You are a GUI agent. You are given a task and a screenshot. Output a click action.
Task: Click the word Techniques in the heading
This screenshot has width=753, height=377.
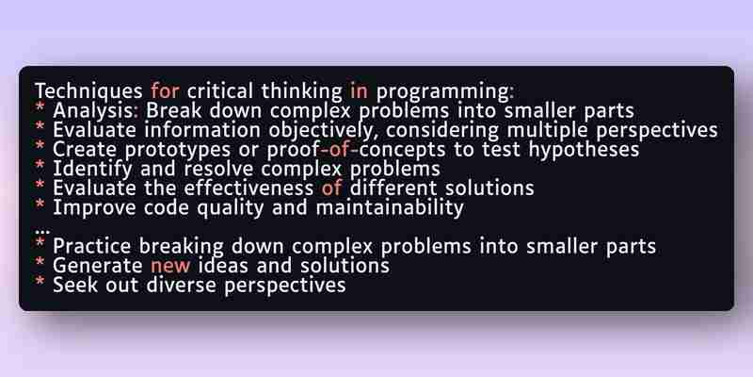point(88,91)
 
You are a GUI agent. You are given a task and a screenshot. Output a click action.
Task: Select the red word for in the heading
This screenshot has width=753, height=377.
point(166,90)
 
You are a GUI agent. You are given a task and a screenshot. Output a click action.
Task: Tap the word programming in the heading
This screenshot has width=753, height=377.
point(443,92)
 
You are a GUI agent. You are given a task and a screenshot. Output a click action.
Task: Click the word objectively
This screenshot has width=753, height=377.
point(320,131)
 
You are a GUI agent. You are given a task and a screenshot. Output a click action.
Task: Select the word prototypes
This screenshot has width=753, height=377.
point(177,151)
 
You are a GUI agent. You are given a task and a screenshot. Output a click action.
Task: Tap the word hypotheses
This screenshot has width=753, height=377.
point(584,150)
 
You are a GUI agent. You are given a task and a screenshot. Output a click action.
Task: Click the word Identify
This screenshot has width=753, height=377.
point(92,170)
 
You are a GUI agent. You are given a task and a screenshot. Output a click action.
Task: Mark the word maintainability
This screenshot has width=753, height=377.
point(390,208)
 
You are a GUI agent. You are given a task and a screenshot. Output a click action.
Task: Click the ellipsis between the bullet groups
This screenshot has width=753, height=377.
point(42,231)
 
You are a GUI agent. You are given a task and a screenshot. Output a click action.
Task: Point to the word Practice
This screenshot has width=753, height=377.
point(91,247)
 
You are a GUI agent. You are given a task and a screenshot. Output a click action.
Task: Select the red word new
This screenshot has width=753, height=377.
point(170,267)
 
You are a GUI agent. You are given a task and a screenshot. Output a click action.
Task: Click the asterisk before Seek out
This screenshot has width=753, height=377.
point(40,281)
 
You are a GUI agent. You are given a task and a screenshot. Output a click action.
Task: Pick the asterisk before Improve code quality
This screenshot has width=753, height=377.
point(40,204)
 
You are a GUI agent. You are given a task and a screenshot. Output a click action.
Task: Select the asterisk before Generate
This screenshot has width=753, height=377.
point(40,262)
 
